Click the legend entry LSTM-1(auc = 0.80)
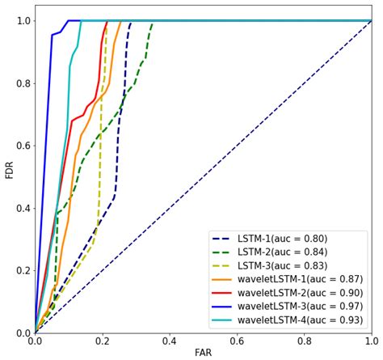point(280,239)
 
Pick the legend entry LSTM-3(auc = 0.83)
point(280,265)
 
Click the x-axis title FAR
point(203,353)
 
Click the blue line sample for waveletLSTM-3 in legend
point(223,306)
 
